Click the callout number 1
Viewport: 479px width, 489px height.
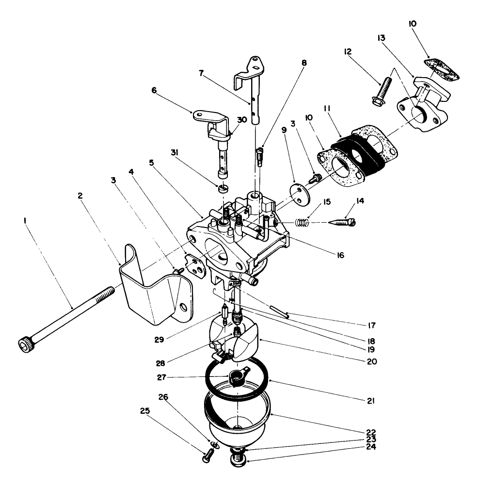(25, 221)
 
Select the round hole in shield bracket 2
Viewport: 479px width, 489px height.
(184, 307)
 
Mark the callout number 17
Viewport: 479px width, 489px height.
(371, 325)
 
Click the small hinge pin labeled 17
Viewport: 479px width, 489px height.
(280, 311)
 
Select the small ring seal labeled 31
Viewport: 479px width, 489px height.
(223, 188)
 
